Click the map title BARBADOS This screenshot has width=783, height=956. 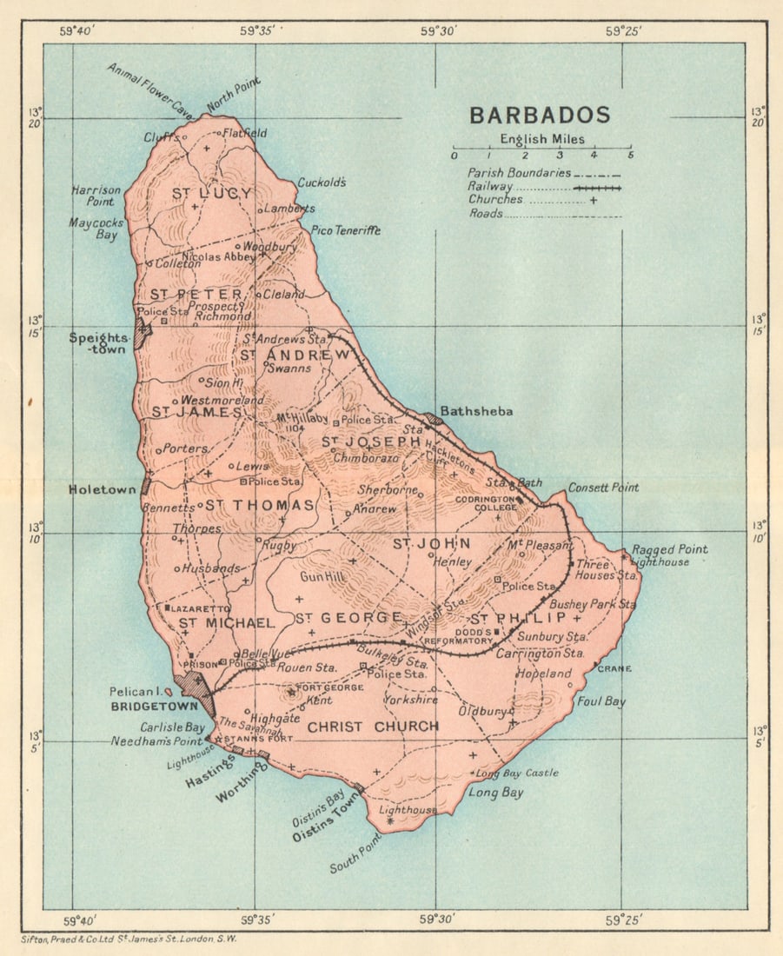[x=540, y=116]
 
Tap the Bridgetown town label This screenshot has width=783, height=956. [x=143, y=707]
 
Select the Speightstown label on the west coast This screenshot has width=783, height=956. [x=101, y=342]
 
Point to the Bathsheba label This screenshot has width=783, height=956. [x=476, y=411]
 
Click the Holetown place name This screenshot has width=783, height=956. [x=103, y=489]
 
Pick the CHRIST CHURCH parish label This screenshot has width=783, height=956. [x=373, y=727]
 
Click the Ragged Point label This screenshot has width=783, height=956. [x=669, y=549]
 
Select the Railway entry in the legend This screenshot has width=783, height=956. [x=489, y=186]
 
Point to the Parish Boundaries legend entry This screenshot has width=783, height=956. [x=519, y=173]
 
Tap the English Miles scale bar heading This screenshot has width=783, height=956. [x=541, y=139]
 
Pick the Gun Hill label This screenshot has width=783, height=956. [x=322, y=577]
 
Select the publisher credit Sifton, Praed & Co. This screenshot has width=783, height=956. [x=128, y=939]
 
